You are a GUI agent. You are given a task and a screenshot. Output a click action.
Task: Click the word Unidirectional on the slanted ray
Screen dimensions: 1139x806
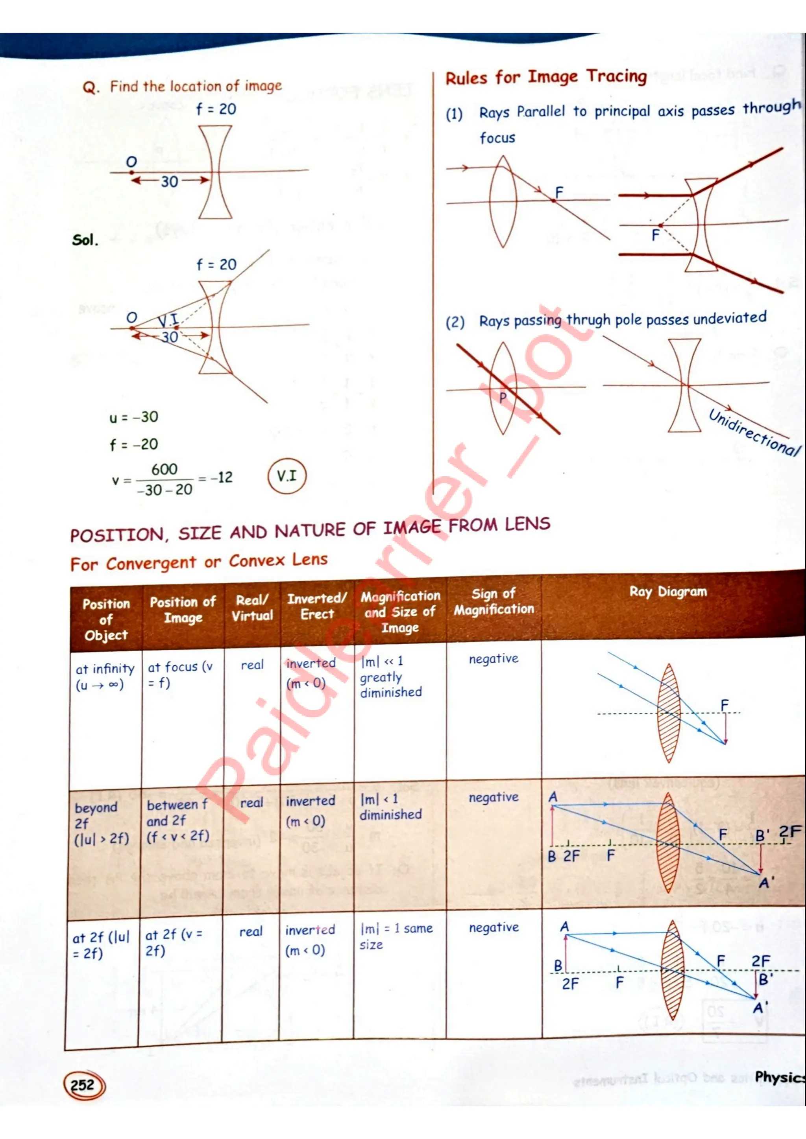click(x=754, y=431)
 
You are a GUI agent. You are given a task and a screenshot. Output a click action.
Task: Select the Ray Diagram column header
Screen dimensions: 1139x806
click(x=668, y=592)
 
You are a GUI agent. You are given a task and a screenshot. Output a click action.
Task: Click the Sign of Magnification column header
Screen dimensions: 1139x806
click(x=494, y=601)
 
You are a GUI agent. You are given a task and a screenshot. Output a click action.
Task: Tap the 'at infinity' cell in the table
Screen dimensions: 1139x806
click(x=105, y=676)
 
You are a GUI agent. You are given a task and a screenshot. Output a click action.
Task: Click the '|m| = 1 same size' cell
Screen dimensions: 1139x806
click(x=396, y=936)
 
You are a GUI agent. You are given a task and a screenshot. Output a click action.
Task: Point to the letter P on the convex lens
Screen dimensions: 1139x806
click(x=502, y=397)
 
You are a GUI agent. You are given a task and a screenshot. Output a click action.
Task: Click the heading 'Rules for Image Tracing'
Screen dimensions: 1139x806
click(x=546, y=77)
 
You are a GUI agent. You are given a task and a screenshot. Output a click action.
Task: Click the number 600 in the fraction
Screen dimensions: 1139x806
click(x=164, y=469)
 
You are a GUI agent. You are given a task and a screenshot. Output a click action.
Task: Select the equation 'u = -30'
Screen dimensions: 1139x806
click(x=133, y=417)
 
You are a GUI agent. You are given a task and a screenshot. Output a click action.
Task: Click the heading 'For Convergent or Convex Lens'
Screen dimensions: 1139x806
click(x=198, y=562)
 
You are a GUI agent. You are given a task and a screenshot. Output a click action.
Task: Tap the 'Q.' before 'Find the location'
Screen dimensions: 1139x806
click(x=91, y=88)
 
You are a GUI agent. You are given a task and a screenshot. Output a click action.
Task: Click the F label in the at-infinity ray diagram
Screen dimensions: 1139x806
click(x=725, y=704)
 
